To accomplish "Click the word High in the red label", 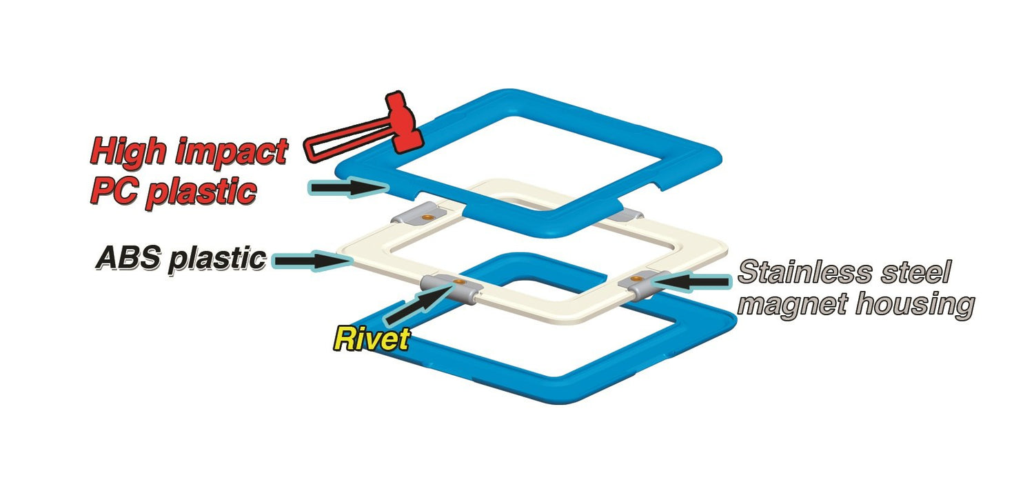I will pyautogui.click(x=132, y=152).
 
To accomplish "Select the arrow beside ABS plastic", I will pyautogui.click(x=314, y=260).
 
